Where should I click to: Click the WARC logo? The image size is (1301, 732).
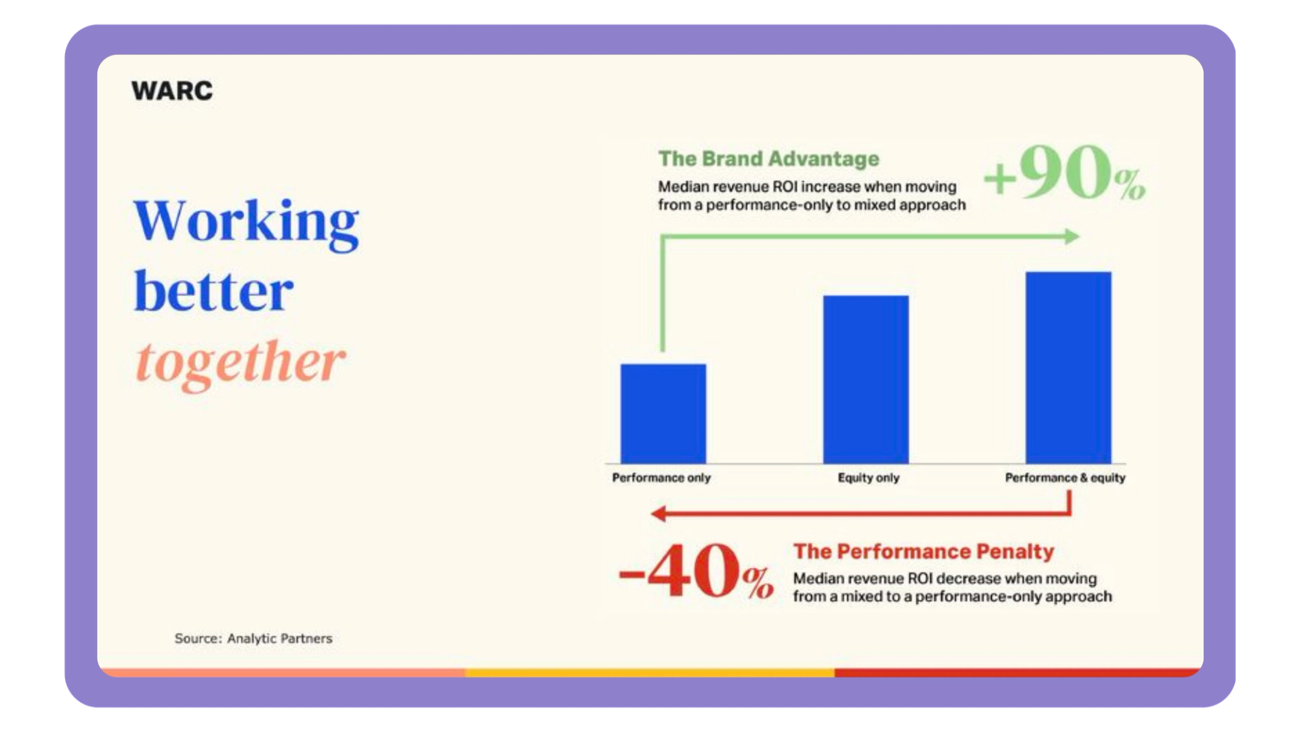172,91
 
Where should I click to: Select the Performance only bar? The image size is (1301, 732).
663,413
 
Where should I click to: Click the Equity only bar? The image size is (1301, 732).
866,380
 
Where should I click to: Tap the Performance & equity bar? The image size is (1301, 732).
1069,367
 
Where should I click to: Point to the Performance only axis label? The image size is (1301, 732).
661,478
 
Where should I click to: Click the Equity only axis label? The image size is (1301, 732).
869,478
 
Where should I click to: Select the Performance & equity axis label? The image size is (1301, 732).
1065,478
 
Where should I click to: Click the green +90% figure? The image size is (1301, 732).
1065,173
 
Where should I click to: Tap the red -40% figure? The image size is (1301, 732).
696,571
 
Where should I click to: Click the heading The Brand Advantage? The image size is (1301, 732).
769,159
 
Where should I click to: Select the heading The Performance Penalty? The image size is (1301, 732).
924,551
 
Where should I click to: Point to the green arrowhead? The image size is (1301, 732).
1072,237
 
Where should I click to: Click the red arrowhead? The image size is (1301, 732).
658,514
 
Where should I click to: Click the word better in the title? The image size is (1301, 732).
214,291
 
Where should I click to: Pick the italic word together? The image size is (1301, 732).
241,363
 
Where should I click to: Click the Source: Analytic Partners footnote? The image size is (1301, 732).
253,638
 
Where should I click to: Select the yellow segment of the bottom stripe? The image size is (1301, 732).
650,672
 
